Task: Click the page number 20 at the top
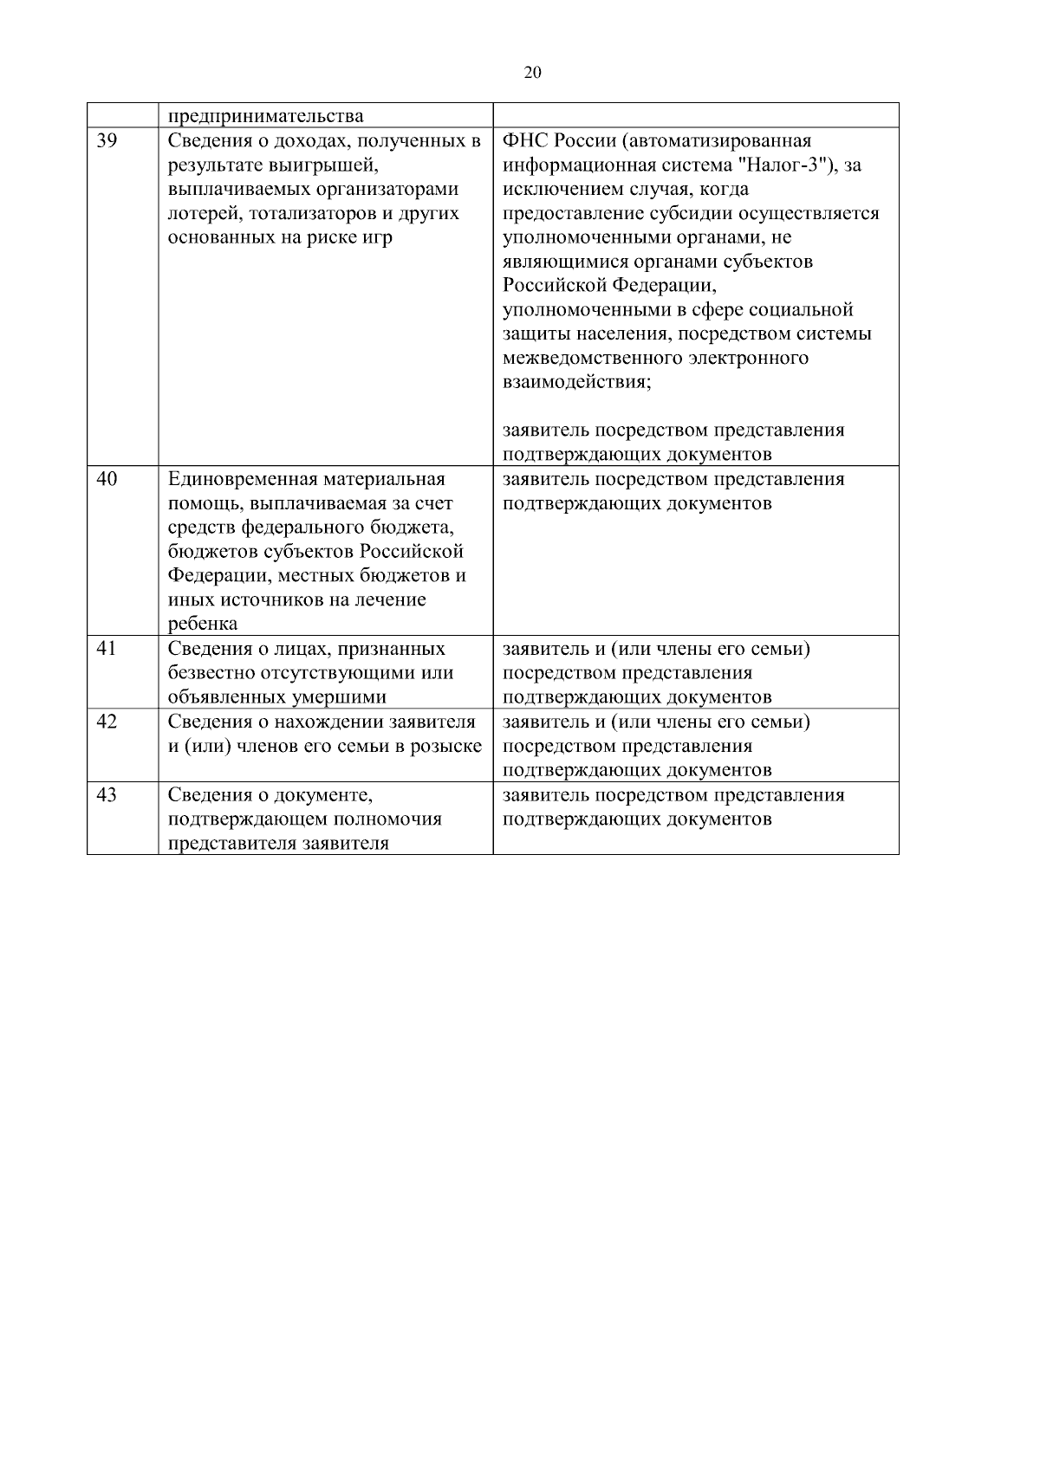coord(533,73)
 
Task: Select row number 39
coord(107,141)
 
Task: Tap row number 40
coord(107,479)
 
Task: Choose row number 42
coord(107,722)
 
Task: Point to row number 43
coord(107,794)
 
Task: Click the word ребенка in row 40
coord(202,625)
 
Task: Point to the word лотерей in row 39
coord(198,214)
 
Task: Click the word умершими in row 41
coord(343,697)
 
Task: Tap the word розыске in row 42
coord(449,746)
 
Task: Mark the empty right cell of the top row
coord(695,116)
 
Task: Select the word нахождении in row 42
coord(329,722)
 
